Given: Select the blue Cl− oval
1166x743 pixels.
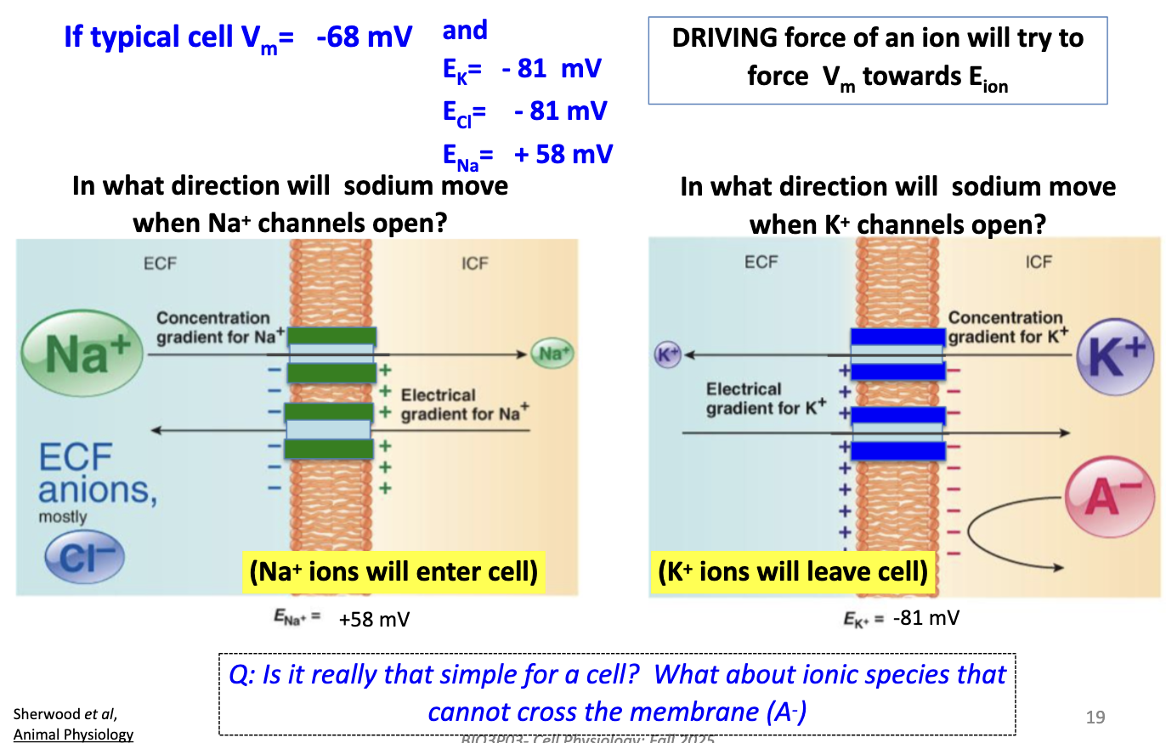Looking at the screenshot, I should [84, 556].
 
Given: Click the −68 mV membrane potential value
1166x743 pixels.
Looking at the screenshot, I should [363, 37].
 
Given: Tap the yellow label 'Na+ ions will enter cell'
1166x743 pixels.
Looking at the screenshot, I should [393, 571].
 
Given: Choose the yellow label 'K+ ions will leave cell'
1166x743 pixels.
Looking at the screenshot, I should [793, 571].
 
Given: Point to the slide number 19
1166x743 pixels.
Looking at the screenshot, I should [1095, 717].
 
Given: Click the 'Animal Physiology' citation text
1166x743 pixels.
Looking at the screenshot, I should [73, 734].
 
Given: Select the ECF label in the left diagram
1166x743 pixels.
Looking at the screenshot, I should [160, 263].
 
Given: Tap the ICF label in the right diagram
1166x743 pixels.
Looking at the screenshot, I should [1038, 262].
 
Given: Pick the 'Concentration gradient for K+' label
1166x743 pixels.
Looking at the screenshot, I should [1008, 327].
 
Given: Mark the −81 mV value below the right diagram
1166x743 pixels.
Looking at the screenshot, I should [926, 618].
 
